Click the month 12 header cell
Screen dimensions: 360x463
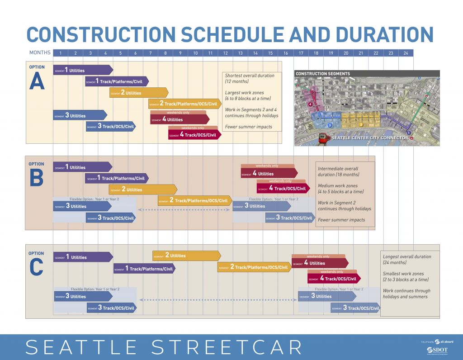click(x=225, y=53)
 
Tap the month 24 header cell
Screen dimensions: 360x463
click(x=406, y=53)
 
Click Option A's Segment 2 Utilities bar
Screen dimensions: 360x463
click(x=138, y=93)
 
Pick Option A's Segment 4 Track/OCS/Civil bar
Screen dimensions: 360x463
click(x=194, y=135)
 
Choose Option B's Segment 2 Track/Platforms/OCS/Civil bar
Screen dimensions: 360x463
click(x=194, y=200)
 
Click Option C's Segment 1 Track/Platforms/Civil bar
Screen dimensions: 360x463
click(x=144, y=269)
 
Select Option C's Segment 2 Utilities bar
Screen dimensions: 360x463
click(x=185, y=256)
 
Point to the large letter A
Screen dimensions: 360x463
click(x=37, y=82)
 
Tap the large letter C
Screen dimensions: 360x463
click(x=37, y=268)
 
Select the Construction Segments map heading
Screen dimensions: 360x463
click(x=322, y=74)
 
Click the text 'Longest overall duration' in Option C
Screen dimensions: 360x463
click(x=406, y=256)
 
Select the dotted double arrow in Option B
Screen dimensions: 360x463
click(x=185, y=210)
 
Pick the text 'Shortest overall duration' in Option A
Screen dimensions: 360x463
click(x=250, y=76)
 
